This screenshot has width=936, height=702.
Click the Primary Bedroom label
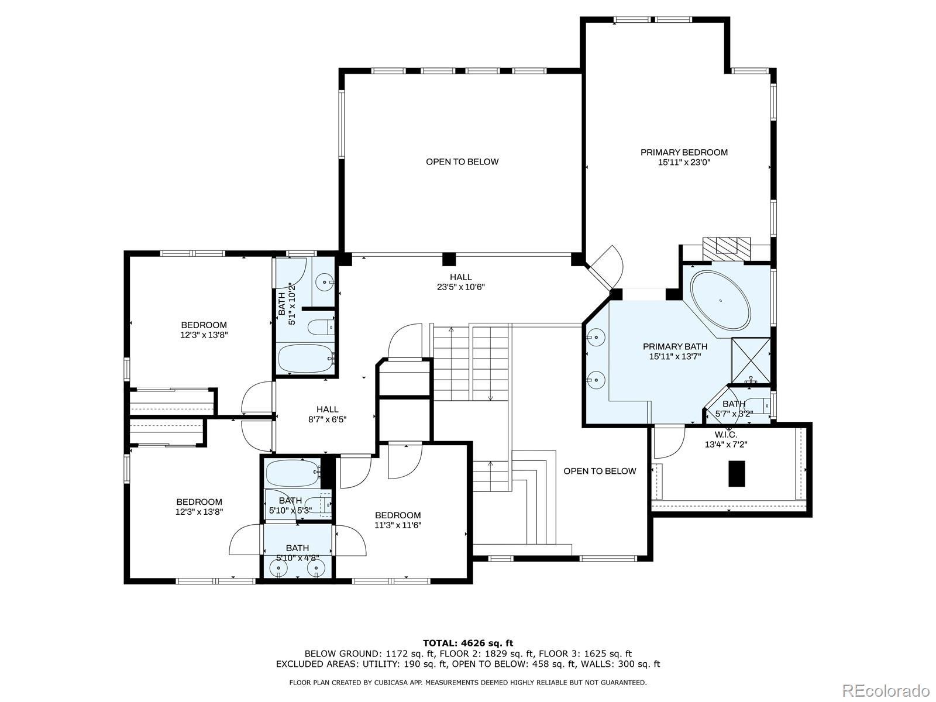tap(684, 152)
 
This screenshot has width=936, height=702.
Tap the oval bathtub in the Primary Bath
tap(720, 300)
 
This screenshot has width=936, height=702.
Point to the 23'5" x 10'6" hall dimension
tap(460, 287)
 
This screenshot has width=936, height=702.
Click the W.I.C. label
tap(726, 435)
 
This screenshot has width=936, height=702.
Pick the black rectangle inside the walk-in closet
tap(737, 473)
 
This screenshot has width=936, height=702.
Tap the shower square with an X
tap(751, 360)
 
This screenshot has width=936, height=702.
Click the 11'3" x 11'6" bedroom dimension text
tap(398, 525)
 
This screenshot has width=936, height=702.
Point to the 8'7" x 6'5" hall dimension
tap(327, 419)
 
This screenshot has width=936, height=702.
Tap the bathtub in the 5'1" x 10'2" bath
tap(306, 359)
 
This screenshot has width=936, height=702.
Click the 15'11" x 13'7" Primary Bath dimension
tap(675, 356)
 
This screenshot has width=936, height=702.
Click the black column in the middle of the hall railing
tap(449, 259)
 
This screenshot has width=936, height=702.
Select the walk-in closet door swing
tap(669, 442)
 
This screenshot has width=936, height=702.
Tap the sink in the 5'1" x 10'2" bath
tap(326, 282)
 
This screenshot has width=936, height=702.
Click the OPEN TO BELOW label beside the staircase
tap(600, 471)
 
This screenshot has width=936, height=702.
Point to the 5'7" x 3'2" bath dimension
tap(734, 414)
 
